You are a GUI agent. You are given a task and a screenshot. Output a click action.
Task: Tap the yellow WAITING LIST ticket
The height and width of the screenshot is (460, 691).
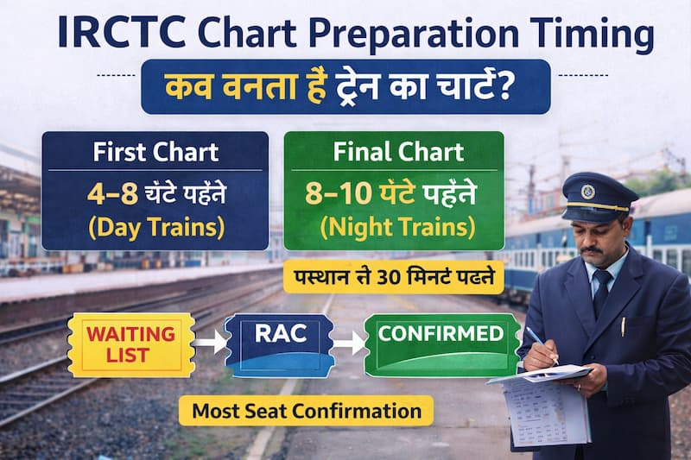[130, 344]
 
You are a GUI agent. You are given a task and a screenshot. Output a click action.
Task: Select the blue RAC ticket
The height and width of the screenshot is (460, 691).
[279, 344]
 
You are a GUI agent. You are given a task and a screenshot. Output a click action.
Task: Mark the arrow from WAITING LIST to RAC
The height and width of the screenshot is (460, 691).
[209, 344]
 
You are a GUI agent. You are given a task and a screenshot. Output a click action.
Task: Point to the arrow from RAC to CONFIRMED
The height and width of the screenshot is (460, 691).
[349, 344]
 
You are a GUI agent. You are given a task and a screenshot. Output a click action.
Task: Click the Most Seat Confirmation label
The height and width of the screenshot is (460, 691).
[307, 411]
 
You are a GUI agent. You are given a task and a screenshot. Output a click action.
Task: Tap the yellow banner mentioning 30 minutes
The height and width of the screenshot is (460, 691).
[393, 279]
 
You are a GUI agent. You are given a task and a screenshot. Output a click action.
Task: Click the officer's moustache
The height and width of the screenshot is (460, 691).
[592, 250]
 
